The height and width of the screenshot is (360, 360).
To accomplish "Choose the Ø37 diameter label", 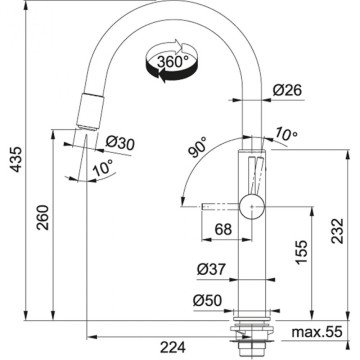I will point(209,271).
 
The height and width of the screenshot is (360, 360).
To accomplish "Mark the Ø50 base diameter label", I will point(208,300).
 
